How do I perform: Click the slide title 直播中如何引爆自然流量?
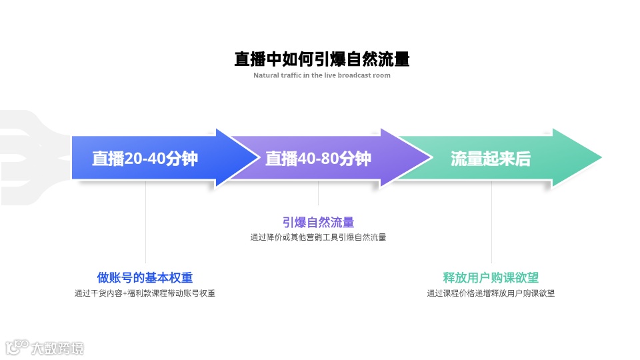321,59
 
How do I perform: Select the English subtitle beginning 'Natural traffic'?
321,75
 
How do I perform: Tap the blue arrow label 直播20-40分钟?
145,159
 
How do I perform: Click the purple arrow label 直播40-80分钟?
318,159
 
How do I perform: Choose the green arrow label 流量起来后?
491,159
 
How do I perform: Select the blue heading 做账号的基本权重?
145,278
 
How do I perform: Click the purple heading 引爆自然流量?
318,223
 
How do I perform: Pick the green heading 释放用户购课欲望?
491,278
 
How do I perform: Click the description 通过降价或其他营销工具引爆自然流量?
318,237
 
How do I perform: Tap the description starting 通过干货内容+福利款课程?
145,293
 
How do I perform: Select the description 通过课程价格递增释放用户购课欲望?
491,293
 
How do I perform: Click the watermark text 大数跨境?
57,348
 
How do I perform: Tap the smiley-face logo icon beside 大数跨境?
16,347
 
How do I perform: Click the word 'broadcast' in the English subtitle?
355,75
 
